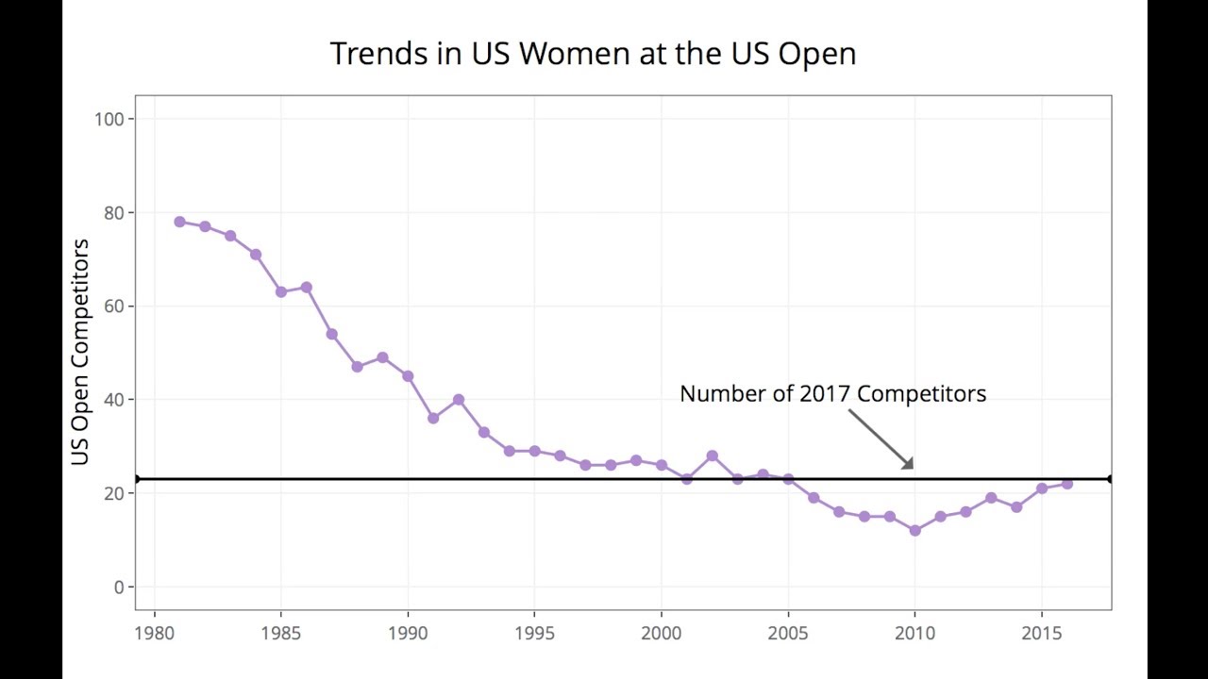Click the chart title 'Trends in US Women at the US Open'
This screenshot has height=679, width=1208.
593,54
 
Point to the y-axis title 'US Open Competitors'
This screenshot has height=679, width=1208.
80,352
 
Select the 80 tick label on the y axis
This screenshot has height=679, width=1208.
113,213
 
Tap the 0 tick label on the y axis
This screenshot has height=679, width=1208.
118,588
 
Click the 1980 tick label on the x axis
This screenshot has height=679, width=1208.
154,633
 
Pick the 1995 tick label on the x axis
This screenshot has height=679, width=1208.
534,633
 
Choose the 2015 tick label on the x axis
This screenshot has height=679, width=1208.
1042,633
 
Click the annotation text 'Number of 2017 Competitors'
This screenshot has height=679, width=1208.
832,394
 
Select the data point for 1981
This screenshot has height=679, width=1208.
179,223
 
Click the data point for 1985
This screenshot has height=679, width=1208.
281,292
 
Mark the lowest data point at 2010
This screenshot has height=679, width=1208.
914,531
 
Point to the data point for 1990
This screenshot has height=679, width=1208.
408,376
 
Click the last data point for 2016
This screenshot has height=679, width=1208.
1067,484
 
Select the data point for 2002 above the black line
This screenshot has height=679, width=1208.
713,456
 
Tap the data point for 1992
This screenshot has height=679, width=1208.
459,400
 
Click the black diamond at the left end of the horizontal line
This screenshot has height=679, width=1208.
137,479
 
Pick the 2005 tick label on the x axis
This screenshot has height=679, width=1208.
788,633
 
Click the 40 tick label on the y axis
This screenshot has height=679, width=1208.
113,400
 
